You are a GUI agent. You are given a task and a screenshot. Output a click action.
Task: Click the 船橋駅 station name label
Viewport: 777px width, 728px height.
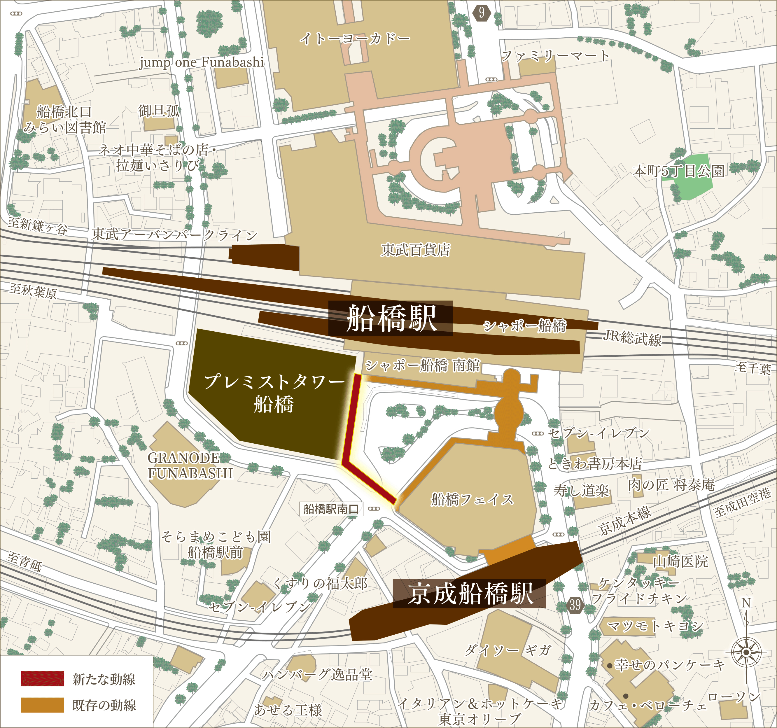391,318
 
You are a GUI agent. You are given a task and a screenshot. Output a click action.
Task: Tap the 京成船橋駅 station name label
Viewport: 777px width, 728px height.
469,593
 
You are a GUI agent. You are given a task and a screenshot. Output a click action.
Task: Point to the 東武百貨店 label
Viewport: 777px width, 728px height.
415,250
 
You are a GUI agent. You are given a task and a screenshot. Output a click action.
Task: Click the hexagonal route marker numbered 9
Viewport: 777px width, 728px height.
482,13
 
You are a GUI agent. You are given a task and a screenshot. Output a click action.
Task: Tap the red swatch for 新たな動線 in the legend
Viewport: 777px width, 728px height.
42,679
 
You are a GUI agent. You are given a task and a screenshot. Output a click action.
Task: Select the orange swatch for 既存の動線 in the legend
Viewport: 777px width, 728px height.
42,705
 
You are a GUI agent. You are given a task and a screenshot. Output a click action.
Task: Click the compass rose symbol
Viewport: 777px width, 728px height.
746,652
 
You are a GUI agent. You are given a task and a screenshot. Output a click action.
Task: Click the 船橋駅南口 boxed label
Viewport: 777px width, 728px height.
331,509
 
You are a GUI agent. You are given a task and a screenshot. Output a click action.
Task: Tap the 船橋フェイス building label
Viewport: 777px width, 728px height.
472,499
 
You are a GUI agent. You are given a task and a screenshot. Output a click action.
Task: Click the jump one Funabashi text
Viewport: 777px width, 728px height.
202,62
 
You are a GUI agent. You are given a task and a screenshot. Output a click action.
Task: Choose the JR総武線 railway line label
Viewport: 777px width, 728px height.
632,338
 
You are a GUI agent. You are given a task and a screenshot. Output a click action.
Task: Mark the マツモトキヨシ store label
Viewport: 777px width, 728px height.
655,626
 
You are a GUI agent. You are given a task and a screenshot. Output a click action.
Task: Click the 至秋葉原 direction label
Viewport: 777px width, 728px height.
33,291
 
